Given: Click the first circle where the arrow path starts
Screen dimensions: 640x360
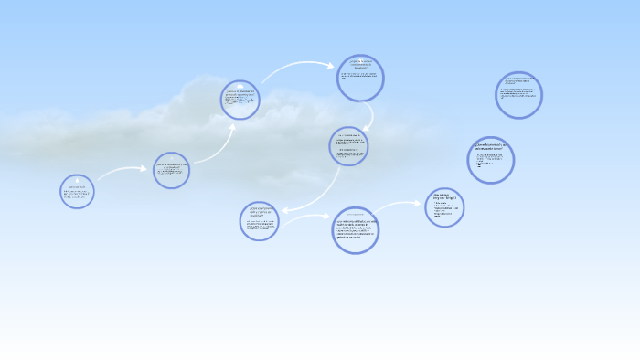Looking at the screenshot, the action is pos(77,190).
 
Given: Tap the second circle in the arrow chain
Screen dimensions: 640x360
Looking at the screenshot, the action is pos(171,170).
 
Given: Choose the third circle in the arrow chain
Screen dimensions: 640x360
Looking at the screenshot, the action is pos(240,100).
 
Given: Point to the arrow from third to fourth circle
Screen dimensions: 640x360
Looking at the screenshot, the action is pos(297,67).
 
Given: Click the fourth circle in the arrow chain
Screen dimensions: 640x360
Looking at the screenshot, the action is pos(360,78).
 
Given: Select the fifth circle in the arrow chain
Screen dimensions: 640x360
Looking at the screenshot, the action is pos(348,146).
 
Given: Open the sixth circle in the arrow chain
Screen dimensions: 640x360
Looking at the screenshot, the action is pos(259,221).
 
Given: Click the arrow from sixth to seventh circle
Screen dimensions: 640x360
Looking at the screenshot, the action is pos(306,217).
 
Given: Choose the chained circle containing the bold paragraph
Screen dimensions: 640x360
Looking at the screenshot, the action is pos(356,230).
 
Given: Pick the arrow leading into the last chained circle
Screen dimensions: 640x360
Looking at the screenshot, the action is pos(400,206).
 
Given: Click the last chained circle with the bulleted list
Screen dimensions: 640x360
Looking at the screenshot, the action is pos(444,207).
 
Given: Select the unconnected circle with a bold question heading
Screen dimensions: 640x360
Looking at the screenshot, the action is pos(490,160).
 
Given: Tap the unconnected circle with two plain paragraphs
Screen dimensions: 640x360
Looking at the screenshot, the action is pos(519,95).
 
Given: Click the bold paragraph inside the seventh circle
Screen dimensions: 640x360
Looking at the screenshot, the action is pos(356,230).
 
